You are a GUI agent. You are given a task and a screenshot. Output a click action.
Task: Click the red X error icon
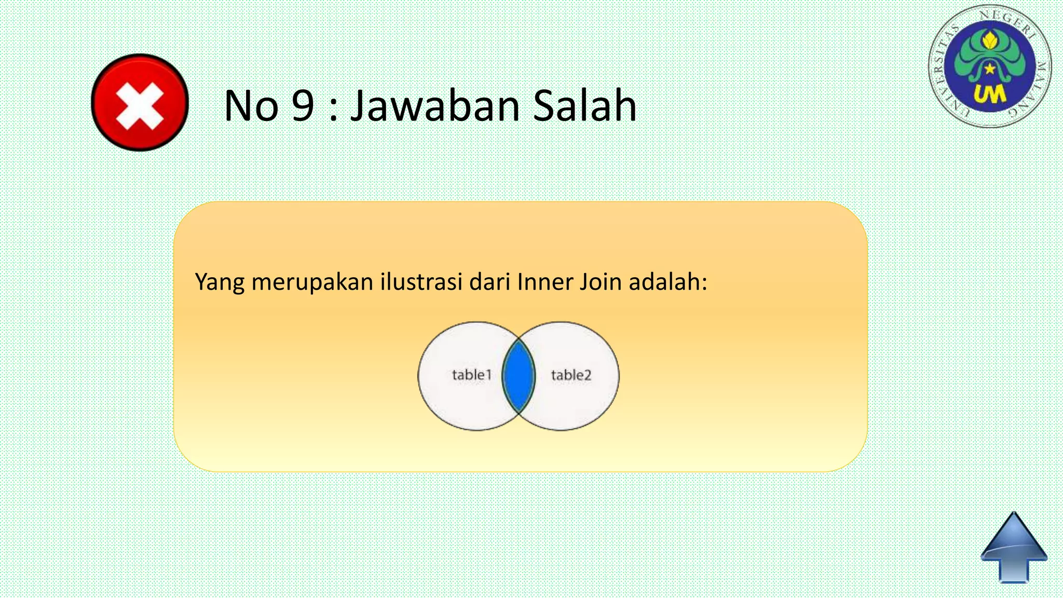140,102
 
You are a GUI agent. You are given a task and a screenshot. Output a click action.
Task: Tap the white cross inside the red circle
140,106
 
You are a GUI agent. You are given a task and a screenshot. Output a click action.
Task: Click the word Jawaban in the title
435,106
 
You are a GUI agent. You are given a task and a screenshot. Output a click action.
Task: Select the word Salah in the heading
584,106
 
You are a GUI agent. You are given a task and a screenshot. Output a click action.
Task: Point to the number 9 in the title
303,106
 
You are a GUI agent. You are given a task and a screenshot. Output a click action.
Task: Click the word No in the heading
251,106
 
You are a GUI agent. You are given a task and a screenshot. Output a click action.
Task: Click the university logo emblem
990,66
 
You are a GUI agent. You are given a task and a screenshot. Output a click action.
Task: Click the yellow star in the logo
990,68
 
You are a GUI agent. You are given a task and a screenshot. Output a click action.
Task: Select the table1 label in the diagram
471,375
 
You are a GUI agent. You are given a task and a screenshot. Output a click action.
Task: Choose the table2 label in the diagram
571,375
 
